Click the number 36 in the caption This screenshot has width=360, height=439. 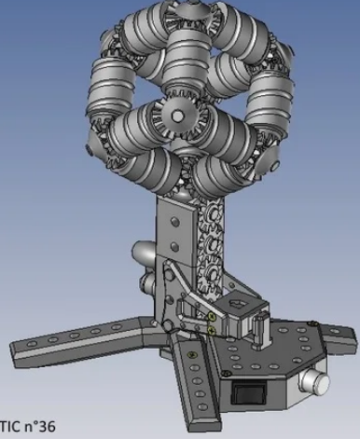(46, 426)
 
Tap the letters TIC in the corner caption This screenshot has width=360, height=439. (10, 426)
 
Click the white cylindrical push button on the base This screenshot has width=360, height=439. (314, 381)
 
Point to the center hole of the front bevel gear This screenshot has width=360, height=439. (177, 117)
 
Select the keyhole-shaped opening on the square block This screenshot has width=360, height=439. (238, 305)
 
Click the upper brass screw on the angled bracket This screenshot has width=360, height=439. (212, 316)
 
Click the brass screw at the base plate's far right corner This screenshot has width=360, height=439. (312, 323)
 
